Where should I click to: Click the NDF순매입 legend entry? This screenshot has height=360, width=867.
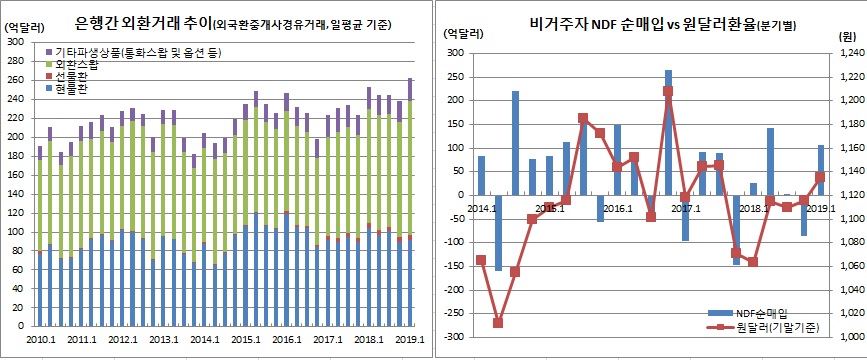coord(761,313)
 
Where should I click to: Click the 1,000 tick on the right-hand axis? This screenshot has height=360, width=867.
coord(847,337)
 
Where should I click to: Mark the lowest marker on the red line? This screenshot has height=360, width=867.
coord(498,323)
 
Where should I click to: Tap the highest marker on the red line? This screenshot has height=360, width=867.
coord(668,91)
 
